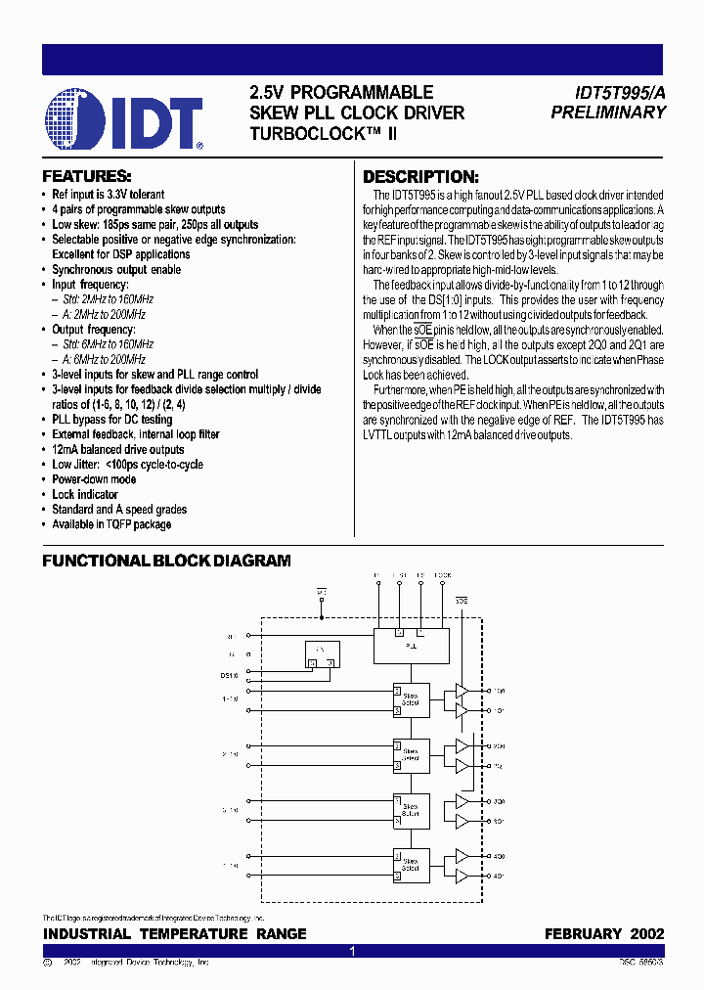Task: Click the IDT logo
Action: click(123, 119)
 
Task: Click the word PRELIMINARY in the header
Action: click(607, 112)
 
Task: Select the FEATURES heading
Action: click(86, 177)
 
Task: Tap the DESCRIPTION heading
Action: click(420, 177)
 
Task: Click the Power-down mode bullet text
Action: click(94, 479)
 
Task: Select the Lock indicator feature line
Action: click(91, 494)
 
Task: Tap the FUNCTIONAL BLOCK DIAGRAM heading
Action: click(166, 561)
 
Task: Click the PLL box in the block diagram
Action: click(411, 645)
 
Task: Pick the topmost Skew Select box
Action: click(411, 699)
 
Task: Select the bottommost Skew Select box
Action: click(411, 864)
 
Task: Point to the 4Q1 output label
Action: click(499, 875)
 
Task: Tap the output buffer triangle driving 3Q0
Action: click(462, 801)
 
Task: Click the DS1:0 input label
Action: click(229, 675)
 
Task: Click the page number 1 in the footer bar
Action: click(352, 951)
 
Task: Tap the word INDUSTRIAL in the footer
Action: click(89, 934)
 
